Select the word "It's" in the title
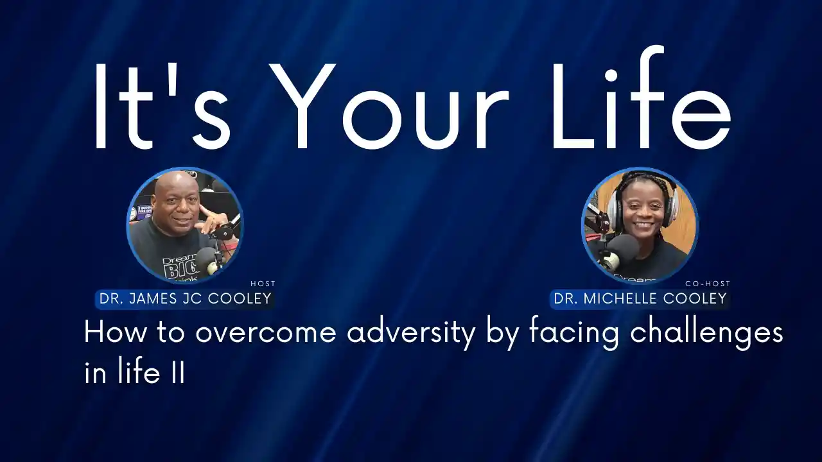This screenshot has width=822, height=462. pyautogui.click(x=161, y=107)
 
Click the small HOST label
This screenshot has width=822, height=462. pyautogui.click(x=263, y=284)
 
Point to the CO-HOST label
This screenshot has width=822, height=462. pyautogui.click(x=708, y=284)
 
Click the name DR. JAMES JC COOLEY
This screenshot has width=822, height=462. pyautogui.click(x=186, y=298)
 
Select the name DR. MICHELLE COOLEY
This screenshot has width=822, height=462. pyautogui.click(x=640, y=298)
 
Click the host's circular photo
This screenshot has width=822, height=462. pyautogui.click(x=184, y=225)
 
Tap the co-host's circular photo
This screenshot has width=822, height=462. pyautogui.click(x=640, y=225)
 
